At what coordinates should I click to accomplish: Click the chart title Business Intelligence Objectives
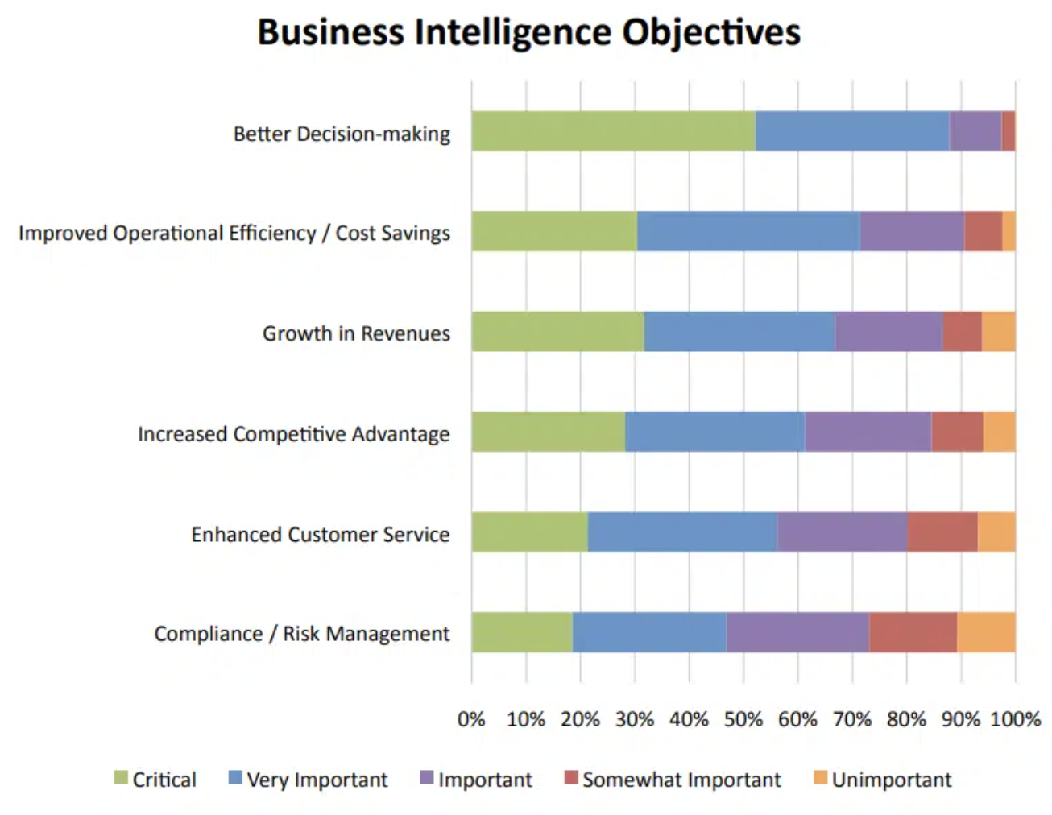(528, 33)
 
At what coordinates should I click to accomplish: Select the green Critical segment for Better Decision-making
(613, 131)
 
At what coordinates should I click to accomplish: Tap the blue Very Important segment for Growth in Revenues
(739, 332)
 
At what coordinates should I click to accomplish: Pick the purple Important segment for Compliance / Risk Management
(797, 632)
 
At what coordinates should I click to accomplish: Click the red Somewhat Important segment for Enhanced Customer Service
(942, 532)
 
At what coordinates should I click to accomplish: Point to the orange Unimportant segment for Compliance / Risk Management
(985, 632)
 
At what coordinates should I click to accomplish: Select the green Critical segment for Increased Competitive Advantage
(548, 432)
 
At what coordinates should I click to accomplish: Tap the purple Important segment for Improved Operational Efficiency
(911, 232)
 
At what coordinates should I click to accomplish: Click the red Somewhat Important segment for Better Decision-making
(1008, 131)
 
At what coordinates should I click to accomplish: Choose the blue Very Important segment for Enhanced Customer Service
(681, 532)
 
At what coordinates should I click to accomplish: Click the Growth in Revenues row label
(356, 333)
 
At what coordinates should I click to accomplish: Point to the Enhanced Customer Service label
(320, 534)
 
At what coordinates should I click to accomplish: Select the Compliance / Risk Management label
(301, 634)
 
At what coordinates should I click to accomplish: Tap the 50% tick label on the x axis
(743, 719)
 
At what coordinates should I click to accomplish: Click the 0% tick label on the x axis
(471, 719)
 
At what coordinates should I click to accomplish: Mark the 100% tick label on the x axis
(1015, 719)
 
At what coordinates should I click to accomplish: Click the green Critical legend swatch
(122, 778)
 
